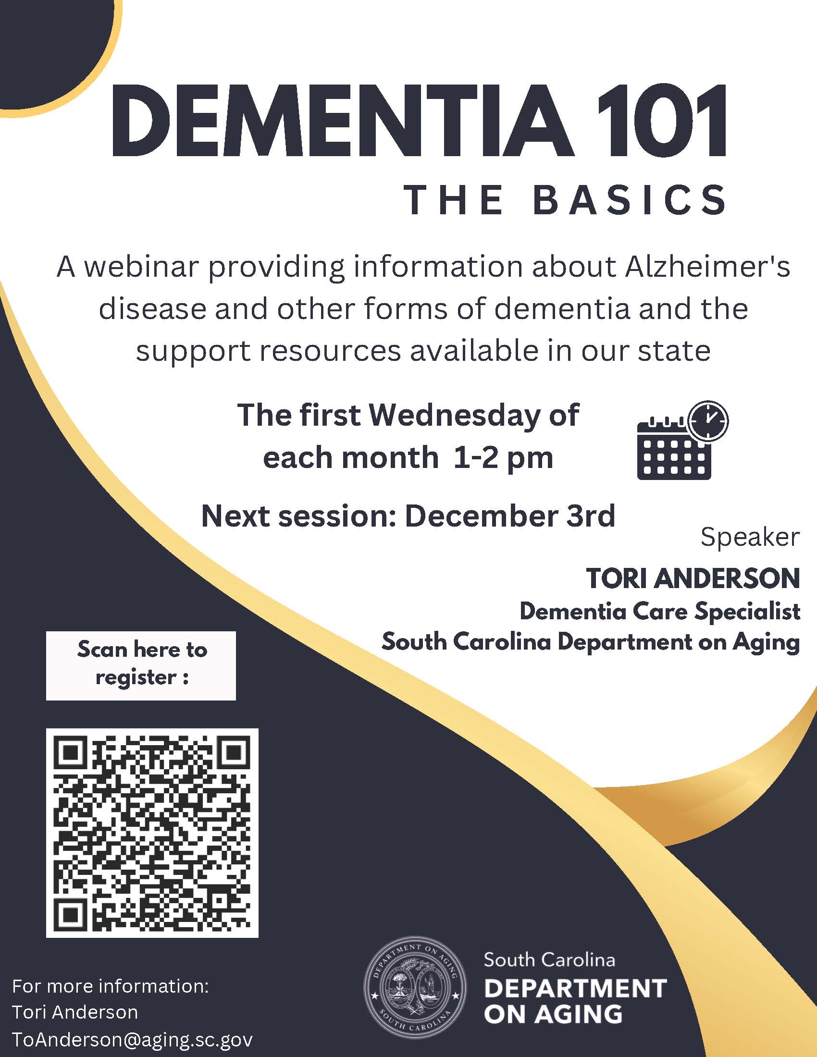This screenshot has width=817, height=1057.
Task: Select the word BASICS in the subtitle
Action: [x=630, y=200]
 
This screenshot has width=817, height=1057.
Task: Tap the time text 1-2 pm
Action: [x=503, y=458]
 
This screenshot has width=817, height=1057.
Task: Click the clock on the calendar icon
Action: [x=708, y=420]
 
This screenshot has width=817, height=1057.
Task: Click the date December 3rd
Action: [x=510, y=516]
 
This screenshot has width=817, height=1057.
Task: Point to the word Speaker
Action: [x=750, y=538]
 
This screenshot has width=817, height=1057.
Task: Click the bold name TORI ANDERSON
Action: [x=693, y=578]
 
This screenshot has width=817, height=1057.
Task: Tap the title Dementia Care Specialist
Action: [x=660, y=611]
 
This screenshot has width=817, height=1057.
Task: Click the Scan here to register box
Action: [x=141, y=665]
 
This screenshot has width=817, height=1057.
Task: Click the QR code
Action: [x=152, y=833]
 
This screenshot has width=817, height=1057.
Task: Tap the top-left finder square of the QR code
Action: [x=71, y=752]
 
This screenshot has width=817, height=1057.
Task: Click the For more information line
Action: [x=111, y=986]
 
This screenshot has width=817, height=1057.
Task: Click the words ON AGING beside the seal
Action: [x=553, y=1014]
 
